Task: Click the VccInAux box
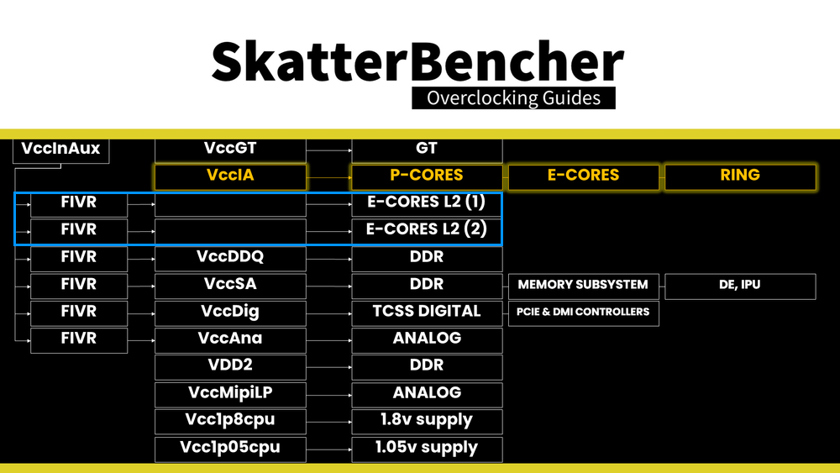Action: point(60,150)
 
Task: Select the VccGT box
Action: point(230,149)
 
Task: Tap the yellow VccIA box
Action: point(230,176)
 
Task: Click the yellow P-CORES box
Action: point(427,176)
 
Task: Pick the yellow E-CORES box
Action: point(583,176)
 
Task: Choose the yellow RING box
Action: point(740,176)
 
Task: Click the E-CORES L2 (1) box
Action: point(427,203)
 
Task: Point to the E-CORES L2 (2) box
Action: point(427,229)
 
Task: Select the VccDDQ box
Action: point(230,257)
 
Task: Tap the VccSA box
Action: point(230,285)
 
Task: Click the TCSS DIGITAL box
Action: point(427,312)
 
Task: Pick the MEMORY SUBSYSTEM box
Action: point(583,285)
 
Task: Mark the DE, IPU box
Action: point(740,285)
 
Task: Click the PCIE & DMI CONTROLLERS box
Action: point(583,312)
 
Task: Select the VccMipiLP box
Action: point(230,393)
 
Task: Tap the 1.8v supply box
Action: point(427,420)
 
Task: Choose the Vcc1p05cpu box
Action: point(230,448)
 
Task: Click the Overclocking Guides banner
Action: point(513,97)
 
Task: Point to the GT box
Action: point(427,149)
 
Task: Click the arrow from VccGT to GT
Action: point(328,150)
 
